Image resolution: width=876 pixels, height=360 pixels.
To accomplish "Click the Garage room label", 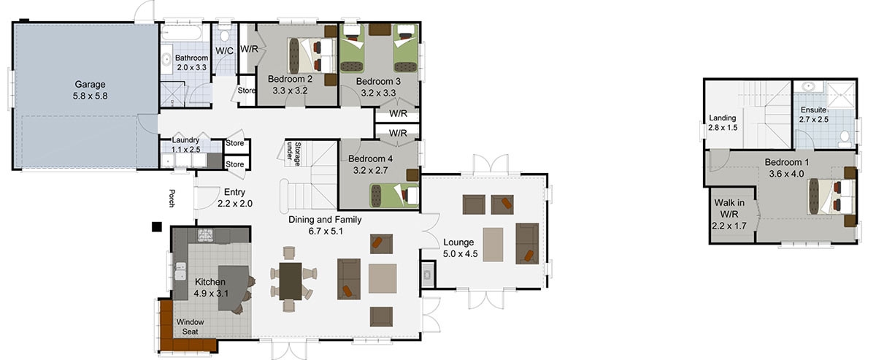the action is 90,90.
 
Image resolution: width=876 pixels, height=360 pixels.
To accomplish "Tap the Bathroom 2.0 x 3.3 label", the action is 191,63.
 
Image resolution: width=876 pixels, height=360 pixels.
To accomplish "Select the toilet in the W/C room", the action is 225,35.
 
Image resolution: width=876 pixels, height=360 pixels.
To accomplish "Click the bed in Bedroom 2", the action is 312,55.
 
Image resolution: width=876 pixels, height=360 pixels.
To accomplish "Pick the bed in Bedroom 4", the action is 394,195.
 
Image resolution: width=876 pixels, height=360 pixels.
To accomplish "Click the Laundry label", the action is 185,139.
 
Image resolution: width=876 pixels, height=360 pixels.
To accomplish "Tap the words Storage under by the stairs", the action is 294,154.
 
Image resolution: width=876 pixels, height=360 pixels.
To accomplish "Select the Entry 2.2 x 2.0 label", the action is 234,198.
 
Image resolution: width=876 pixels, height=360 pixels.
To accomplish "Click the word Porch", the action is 172,198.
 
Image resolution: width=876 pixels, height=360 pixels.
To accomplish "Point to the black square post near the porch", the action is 157,227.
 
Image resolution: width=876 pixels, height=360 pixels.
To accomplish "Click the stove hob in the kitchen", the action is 205,235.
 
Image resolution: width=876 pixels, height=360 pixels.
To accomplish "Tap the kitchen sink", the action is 180,271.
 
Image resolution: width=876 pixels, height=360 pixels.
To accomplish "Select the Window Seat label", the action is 190,326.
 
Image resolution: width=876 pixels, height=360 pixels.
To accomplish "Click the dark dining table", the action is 291,281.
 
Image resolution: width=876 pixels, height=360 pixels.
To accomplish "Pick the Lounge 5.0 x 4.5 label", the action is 461,248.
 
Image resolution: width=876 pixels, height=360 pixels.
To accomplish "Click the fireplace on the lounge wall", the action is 428,275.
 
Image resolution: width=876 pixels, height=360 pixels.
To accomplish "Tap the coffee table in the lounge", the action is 493,245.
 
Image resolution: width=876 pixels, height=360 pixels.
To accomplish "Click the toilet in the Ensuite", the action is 845,137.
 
